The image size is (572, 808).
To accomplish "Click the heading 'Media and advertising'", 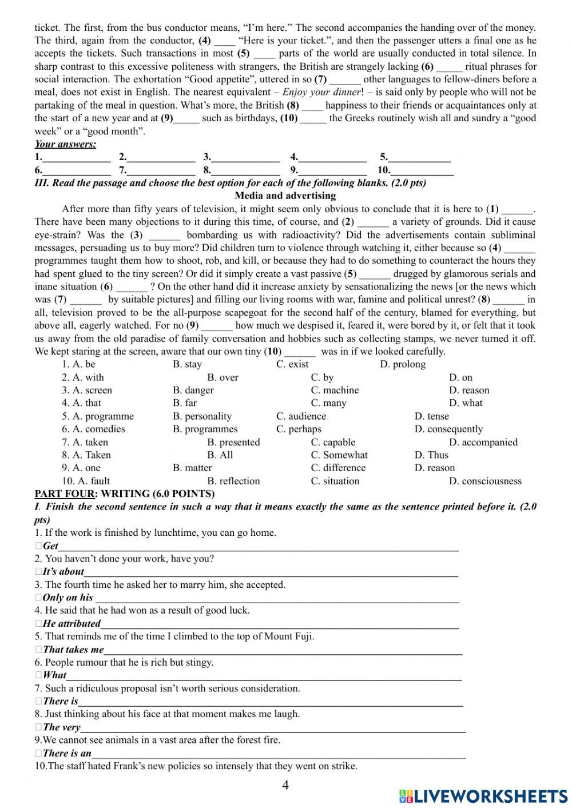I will pos(285,196).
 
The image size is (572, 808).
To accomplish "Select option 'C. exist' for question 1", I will pos(292,364).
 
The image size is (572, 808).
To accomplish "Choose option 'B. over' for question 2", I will pos(223,377).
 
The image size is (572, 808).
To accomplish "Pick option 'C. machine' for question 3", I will pos(335,390).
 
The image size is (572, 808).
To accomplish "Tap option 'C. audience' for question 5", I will pos(301,416).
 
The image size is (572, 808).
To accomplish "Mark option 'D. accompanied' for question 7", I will pos(483,442).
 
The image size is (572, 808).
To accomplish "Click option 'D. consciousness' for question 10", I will pos(485,481).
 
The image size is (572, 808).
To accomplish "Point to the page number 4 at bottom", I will pos(285,785).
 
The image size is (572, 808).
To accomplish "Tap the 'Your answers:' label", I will pos(65,144).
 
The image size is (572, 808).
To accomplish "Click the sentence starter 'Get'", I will pos(51,546).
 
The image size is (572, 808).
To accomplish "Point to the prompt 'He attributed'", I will pos(71,623).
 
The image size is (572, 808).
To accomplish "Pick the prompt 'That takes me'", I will pos(73,649).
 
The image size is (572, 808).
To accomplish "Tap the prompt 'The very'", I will pos(61,727).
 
